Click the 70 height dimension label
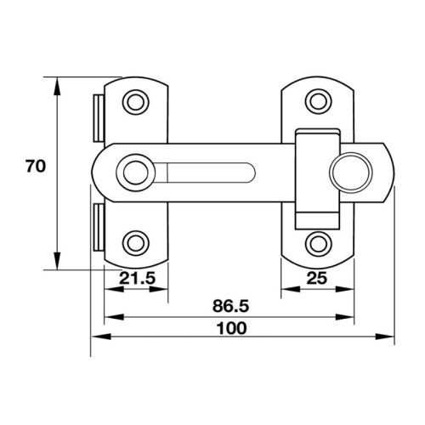(x=34, y=166)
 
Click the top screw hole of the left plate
(x=134, y=102)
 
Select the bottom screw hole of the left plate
(x=134, y=241)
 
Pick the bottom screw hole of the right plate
(x=318, y=241)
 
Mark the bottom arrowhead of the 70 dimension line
(x=58, y=263)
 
